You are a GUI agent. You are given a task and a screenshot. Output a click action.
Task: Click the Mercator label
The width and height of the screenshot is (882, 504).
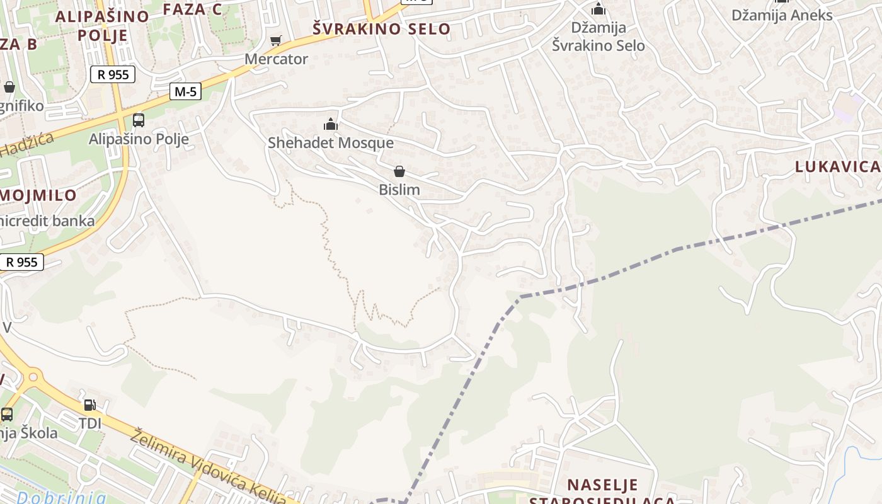point(276,59)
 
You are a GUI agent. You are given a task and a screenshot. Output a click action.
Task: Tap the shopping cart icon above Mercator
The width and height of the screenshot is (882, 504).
point(275,42)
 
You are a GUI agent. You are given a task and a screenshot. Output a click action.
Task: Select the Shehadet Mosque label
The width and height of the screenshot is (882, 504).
point(331,143)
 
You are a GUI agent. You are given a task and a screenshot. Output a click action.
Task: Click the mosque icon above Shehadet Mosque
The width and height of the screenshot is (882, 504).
point(331,125)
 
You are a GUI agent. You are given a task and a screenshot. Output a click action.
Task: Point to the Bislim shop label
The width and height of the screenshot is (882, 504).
point(399,190)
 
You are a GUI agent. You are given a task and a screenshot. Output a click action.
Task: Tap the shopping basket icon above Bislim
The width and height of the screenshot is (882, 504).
point(399,171)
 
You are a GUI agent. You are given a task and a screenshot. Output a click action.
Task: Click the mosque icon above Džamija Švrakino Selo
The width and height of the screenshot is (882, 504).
point(598,9)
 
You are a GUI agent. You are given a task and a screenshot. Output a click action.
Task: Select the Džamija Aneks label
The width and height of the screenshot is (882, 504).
point(782,15)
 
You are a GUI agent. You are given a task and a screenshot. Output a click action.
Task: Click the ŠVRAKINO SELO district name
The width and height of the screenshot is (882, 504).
point(382,29)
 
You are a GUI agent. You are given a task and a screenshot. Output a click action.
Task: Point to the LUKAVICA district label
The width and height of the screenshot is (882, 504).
point(837,167)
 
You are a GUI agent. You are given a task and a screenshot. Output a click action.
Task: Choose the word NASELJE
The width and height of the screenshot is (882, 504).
point(602,485)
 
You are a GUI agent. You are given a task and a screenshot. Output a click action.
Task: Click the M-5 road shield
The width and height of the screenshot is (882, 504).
point(185,92)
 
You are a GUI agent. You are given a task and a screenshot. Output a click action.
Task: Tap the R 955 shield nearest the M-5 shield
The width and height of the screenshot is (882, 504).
point(113,75)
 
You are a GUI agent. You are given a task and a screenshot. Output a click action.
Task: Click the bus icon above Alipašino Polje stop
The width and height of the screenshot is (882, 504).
point(138,120)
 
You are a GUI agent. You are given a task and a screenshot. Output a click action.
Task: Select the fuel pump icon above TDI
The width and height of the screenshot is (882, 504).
point(90,405)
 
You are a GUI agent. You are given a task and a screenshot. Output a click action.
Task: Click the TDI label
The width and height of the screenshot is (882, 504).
point(90,423)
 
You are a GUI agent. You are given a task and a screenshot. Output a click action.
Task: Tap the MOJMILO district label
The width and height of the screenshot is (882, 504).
point(38,195)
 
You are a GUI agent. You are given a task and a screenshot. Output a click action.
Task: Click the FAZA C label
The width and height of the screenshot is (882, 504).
point(192,9)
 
